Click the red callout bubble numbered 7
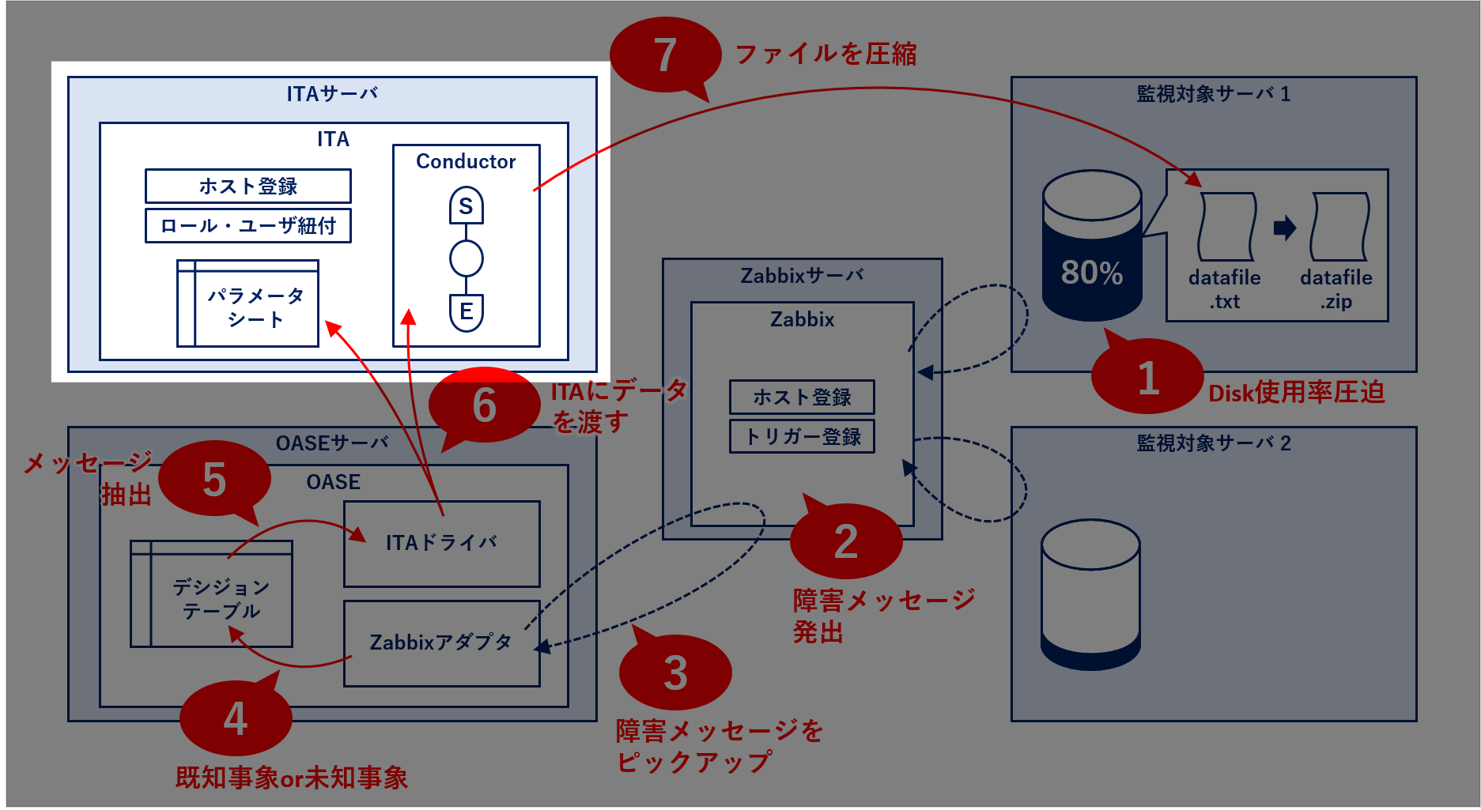click(665, 55)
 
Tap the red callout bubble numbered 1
click(1147, 378)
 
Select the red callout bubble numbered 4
click(236, 718)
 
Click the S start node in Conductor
click(466, 206)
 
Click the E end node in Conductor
click(466, 311)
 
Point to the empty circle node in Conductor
click(466, 258)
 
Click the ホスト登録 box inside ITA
click(247, 186)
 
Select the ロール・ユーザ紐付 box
click(247, 226)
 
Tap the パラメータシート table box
click(247, 304)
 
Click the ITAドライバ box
click(441, 544)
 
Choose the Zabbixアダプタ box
click(441, 643)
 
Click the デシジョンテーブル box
click(212, 594)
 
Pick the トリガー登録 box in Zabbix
click(802, 437)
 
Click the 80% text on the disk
click(1091, 273)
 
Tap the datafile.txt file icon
click(1226, 227)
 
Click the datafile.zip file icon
click(1339, 227)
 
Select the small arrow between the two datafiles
click(1285, 228)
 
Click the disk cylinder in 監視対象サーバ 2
click(1090, 594)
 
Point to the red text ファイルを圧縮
click(826, 55)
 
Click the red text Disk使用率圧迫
click(1296, 393)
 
